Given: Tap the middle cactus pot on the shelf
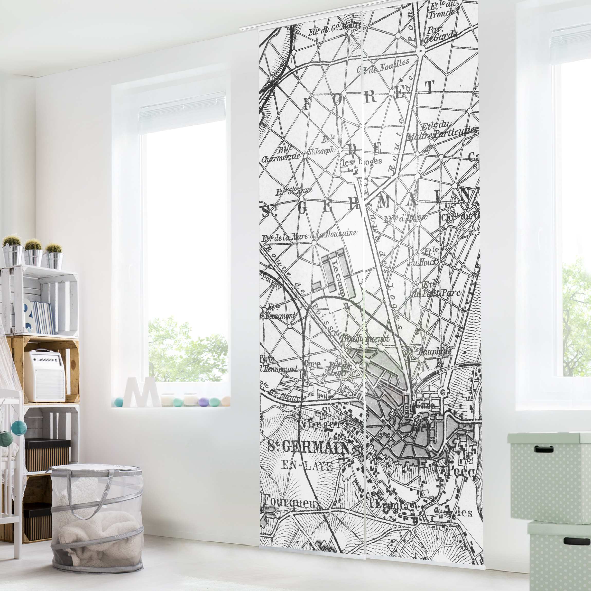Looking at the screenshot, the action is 33,257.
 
